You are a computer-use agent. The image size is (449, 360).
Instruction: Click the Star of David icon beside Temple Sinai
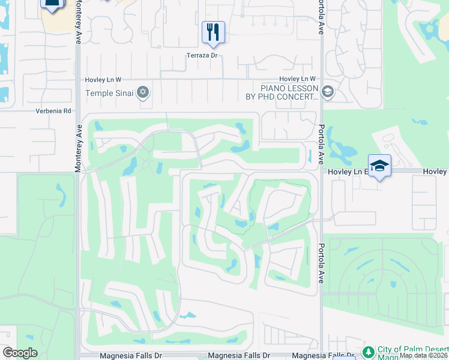143,92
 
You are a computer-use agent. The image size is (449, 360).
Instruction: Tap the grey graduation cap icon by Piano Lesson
327,92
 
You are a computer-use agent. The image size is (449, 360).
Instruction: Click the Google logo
20,353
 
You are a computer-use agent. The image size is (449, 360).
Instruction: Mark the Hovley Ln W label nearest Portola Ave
297,79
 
